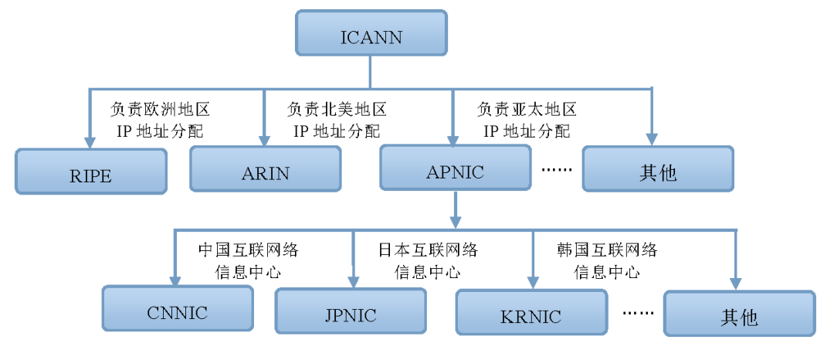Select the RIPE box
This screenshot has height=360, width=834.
coord(91,172)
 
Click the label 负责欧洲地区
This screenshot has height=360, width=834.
coord(161,109)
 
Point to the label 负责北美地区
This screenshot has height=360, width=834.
coord(337,109)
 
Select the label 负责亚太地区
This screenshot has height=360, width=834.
coord(527,109)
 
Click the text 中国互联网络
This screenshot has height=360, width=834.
coord(248,250)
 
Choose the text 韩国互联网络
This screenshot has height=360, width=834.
coord(606,250)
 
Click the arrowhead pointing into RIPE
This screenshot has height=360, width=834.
coord(90,142)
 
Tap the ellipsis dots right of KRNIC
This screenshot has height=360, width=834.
coord(637,314)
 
